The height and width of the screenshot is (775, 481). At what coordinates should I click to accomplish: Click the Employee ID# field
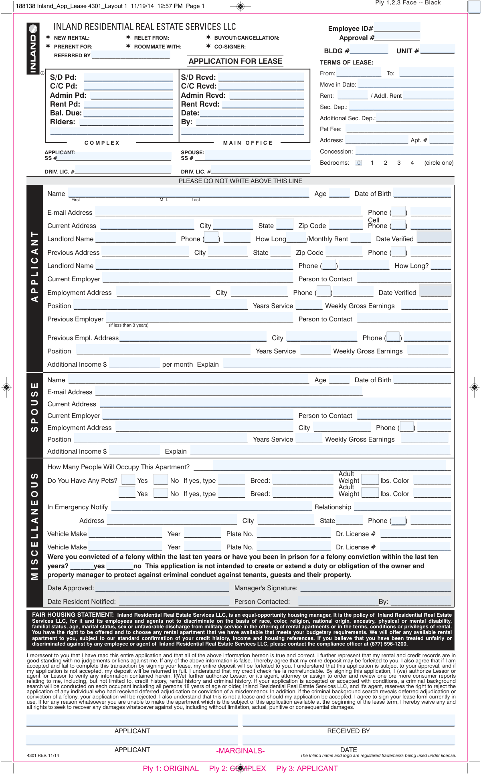[x=396, y=28]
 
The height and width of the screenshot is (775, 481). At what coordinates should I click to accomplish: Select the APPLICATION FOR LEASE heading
[x=235, y=61]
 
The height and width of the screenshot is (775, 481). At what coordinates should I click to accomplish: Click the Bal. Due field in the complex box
[x=128, y=113]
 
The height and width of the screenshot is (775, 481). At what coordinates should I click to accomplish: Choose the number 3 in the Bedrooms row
[x=399, y=163]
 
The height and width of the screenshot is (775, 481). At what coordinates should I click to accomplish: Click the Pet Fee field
[x=399, y=129]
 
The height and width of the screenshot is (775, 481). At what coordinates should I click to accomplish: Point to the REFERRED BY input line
[x=131, y=55]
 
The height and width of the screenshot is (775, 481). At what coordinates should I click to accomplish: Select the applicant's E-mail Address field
[x=228, y=212]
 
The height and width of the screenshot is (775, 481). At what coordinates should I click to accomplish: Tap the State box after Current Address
[x=285, y=224]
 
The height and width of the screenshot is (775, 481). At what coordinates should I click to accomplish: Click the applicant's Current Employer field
[x=198, y=279]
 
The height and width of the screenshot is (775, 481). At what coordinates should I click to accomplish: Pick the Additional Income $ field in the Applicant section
[x=134, y=364]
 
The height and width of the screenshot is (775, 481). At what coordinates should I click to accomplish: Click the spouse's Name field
[x=188, y=379]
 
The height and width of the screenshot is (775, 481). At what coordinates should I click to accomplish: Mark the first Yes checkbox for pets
[x=128, y=480]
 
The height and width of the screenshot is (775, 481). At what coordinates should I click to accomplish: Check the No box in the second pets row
[x=161, y=493]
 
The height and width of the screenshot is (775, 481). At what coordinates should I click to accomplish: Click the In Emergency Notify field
[x=211, y=507]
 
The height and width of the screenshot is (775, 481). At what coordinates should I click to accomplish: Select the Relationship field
[x=402, y=507]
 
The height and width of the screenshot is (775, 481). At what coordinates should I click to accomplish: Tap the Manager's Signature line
[x=375, y=587]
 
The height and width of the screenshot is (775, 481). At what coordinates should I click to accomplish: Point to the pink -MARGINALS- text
[x=240, y=751]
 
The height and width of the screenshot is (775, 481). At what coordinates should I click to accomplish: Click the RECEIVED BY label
[x=348, y=731]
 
